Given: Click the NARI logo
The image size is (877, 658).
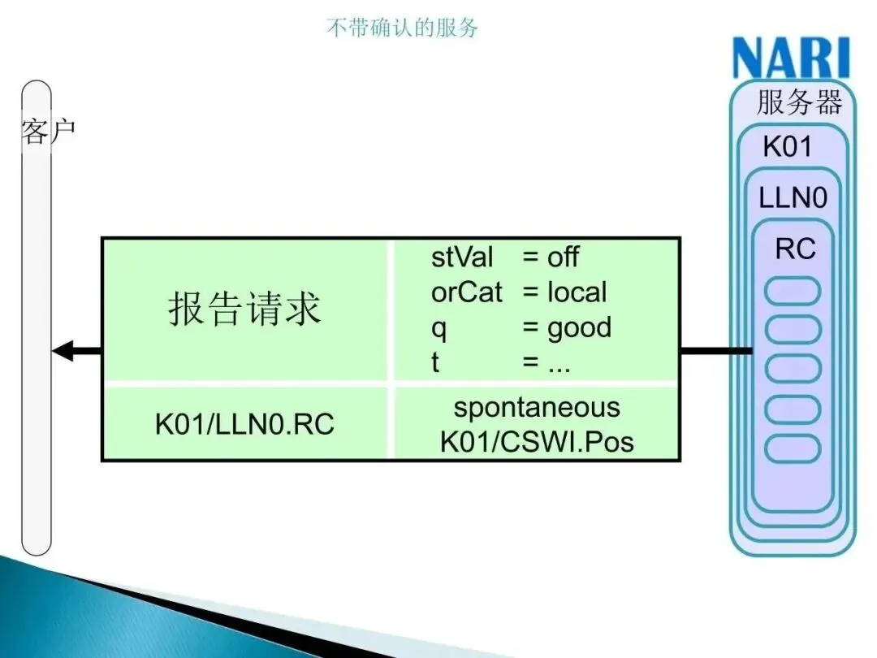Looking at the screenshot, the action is pyautogui.click(x=790, y=58).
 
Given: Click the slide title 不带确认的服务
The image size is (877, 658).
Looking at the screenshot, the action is pyautogui.click(x=402, y=28).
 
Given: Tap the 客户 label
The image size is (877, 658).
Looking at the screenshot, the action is pyautogui.click(x=47, y=130).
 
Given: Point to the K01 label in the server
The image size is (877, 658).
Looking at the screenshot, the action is pyautogui.click(x=787, y=147).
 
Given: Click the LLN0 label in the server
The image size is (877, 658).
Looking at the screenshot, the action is pyautogui.click(x=792, y=197).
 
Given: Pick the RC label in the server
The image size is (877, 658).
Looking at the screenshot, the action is pyautogui.click(x=795, y=249).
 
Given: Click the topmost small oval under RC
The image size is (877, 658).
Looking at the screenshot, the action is pyautogui.click(x=793, y=291).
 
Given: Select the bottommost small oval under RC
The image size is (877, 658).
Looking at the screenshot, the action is pyautogui.click(x=793, y=448).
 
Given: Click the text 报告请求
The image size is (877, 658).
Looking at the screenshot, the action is pyautogui.click(x=244, y=309).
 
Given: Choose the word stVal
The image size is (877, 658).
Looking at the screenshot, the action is pyautogui.click(x=461, y=258).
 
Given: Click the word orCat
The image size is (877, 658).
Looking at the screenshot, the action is pyautogui.click(x=466, y=292).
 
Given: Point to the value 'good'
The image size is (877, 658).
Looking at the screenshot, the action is pyautogui.click(x=579, y=327).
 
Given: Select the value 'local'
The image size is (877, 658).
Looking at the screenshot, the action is pyautogui.click(x=577, y=292).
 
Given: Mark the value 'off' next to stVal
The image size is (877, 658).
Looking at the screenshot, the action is pyautogui.click(x=562, y=258).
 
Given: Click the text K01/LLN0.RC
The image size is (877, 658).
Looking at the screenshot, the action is pyautogui.click(x=244, y=424).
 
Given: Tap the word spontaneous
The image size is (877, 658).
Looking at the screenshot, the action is pyautogui.click(x=536, y=407).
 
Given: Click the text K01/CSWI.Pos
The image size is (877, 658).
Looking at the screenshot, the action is pyautogui.click(x=536, y=441).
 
